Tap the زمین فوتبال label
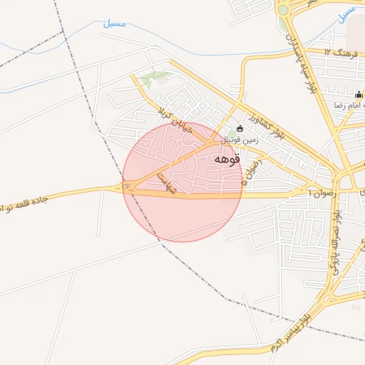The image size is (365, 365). point(241,141)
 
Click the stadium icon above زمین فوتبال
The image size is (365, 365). point(240,129)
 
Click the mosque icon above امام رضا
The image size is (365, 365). point(359,95)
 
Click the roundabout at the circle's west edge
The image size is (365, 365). point(128,187)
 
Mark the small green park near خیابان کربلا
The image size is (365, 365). point(155,76)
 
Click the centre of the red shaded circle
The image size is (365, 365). point(182,182)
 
